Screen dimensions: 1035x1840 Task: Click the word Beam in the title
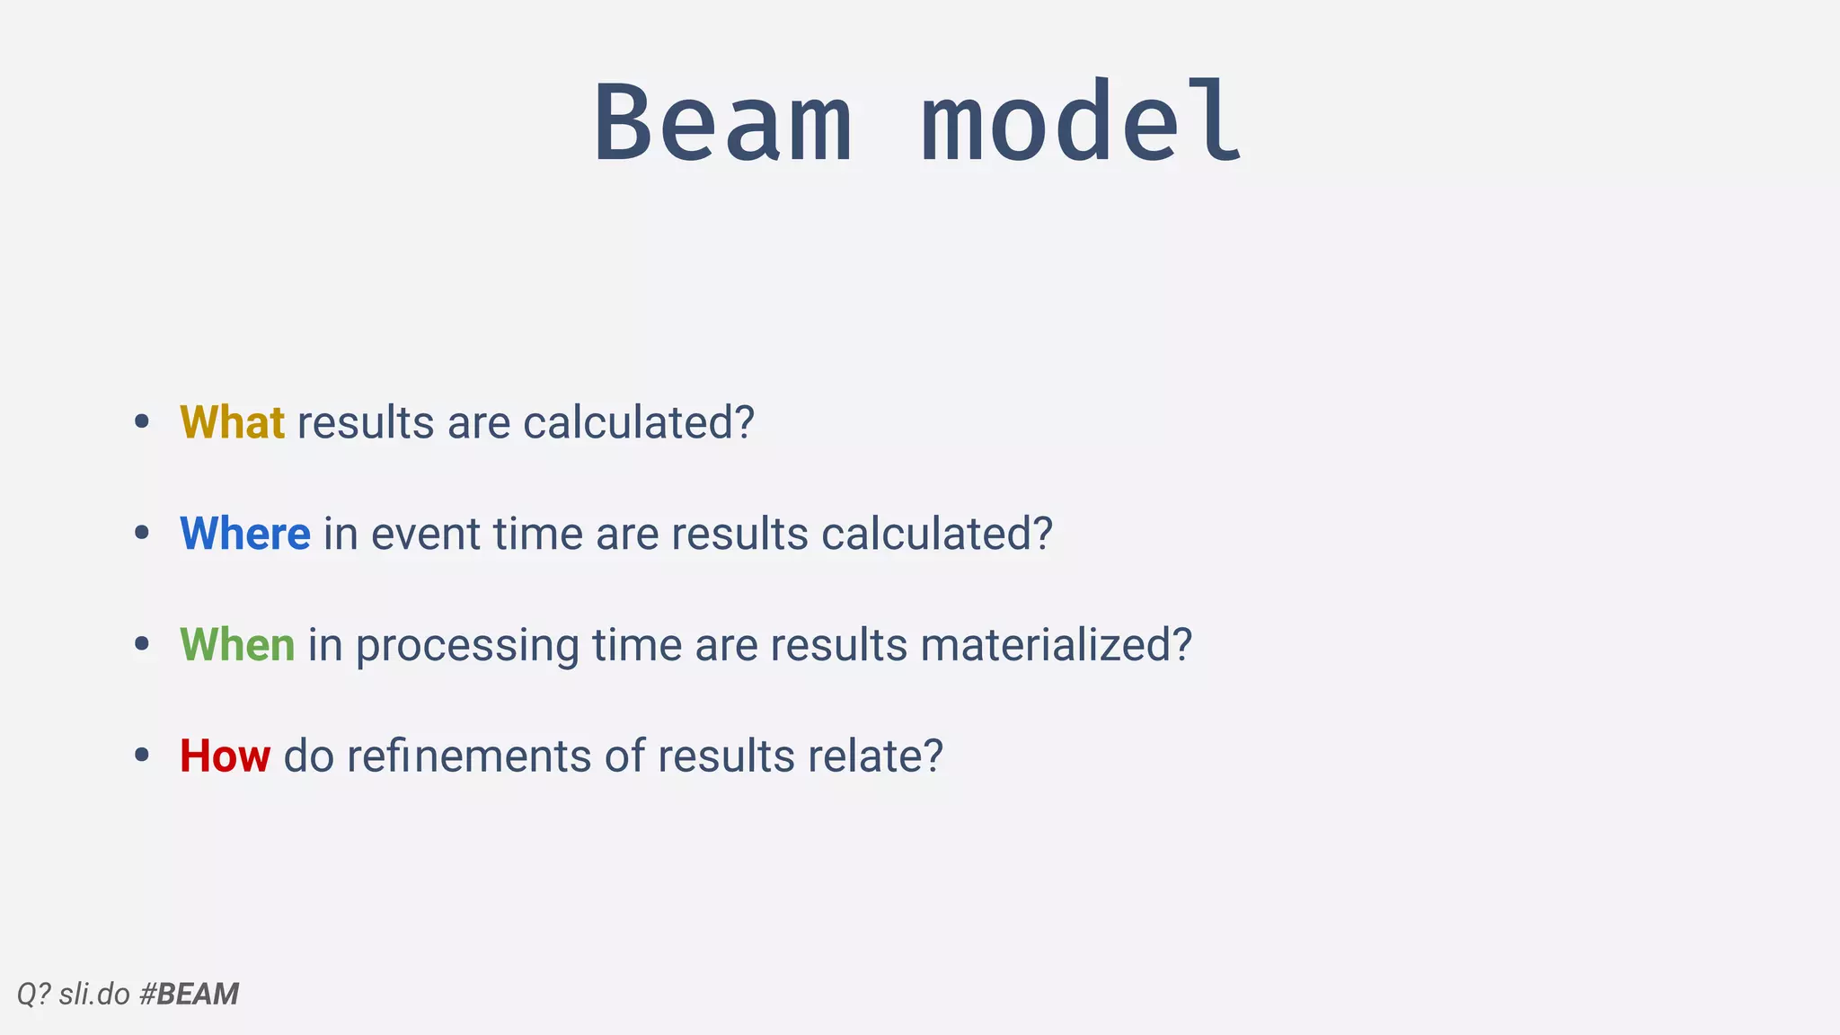(723, 123)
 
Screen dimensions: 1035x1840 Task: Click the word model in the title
(1082, 123)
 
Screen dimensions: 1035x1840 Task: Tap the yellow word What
(232, 422)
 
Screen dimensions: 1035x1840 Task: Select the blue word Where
(245, 534)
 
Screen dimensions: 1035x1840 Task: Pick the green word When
(237, 645)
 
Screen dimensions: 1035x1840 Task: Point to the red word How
(225, 756)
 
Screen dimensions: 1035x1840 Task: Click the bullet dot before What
(141, 422)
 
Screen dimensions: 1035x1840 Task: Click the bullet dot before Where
(141, 534)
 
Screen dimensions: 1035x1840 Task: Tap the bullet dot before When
(141, 644)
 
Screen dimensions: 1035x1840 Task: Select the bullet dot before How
(141, 756)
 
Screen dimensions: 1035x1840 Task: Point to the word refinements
(469, 756)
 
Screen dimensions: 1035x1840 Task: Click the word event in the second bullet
(426, 534)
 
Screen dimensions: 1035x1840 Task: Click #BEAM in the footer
(190, 994)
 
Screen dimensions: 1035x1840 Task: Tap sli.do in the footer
(94, 994)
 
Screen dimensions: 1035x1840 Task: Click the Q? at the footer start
(33, 994)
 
